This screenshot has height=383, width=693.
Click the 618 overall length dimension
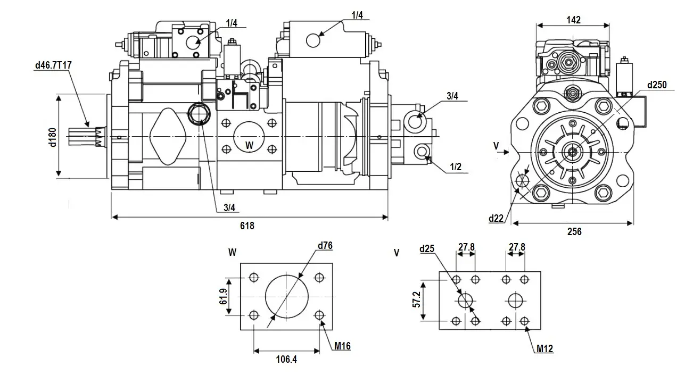point(247,226)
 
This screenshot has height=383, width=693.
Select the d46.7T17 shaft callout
point(53,65)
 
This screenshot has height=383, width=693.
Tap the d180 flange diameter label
point(52,136)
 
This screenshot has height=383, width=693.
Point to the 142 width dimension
point(573,20)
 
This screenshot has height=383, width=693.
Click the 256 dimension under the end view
point(574,231)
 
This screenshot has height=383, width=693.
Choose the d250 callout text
point(657,85)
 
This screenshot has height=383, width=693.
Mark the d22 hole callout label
point(496,218)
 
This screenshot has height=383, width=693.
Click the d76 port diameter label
point(325,246)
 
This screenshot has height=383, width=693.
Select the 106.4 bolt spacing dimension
point(286,360)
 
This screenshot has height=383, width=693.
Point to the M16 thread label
point(342,346)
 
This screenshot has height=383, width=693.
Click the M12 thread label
point(545,349)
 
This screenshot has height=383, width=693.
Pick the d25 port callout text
point(427,249)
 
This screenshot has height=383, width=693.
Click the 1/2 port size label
point(455,167)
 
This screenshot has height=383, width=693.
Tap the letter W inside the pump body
point(249,145)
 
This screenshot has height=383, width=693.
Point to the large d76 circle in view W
point(287,295)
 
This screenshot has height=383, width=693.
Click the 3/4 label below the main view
point(229,207)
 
